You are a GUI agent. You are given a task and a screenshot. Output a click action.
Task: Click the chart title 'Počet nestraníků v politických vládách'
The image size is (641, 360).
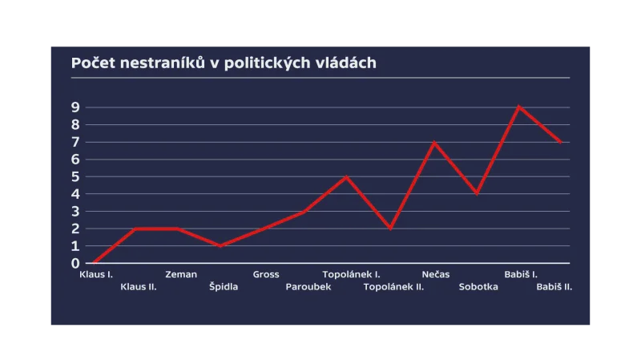pyautogui.click(x=224, y=63)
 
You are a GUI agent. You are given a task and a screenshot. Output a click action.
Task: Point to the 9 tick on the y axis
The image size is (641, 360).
pyautogui.click(x=75, y=107)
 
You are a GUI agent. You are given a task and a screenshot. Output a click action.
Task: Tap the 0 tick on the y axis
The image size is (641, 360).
pyautogui.click(x=75, y=263)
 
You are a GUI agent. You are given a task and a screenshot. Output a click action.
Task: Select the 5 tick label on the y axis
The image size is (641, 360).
pyautogui.click(x=75, y=176)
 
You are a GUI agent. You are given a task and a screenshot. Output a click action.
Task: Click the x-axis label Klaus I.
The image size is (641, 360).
pyautogui.click(x=96, y=275)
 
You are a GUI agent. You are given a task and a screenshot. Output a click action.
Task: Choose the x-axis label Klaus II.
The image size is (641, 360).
pyautogui.click(x=138, y=287)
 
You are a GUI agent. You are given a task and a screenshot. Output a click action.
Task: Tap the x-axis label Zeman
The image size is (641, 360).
pyautogui.click(x=181, y=275)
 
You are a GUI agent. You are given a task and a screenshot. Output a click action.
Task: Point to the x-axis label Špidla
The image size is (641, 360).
pyautogui.click(x=224, y=287)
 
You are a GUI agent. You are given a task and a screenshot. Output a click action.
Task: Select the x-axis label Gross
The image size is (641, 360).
pyautogui.click(x=266, y=275)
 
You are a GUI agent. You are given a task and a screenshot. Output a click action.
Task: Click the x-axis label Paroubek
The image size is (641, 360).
pyautogui.click(x=308, y=287)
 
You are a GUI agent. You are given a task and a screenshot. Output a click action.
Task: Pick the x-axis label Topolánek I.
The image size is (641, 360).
pyautogui.click(x=351, y=275)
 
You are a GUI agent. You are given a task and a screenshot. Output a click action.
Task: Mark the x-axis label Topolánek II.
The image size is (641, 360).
pyautogui.click(x=393, y=287)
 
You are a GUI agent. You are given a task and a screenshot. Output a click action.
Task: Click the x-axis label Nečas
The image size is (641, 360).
pyautogui.click(x=436, y=275)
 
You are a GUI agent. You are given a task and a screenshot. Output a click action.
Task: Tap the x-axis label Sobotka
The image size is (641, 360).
pyautogui.click(x=478, y=287)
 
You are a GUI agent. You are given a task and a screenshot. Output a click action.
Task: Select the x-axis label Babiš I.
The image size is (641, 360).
pyautogui.click(x=521, y=275)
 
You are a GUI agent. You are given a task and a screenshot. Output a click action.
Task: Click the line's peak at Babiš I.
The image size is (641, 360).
pyautogui.click(x=519, y=107)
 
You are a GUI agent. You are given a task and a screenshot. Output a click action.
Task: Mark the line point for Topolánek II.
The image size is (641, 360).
pyautogui.click(x=390, y=229)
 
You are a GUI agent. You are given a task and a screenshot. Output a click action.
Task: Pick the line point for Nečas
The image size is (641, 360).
pyautogui.click(x=433, y=142)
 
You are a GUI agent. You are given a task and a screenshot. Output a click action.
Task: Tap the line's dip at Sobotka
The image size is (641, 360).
pyautogui.click(x=477, y=194)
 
